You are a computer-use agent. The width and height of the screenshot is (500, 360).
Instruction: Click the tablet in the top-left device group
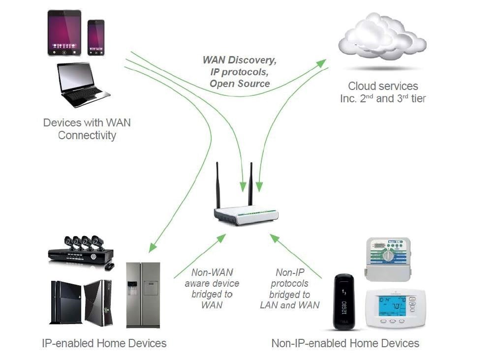(64, 33)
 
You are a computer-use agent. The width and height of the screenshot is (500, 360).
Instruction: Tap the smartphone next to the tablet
(96, 37)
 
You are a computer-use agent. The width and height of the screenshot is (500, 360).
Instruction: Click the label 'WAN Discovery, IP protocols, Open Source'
(240, 72)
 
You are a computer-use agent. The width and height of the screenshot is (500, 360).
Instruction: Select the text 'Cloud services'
(383, 86)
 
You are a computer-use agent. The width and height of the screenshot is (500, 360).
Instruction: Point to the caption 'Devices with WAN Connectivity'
(87, 129)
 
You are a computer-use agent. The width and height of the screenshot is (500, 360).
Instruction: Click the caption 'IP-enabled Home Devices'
(104, 343)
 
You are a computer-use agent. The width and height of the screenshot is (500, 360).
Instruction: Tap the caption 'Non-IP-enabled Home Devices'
(345, 343)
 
